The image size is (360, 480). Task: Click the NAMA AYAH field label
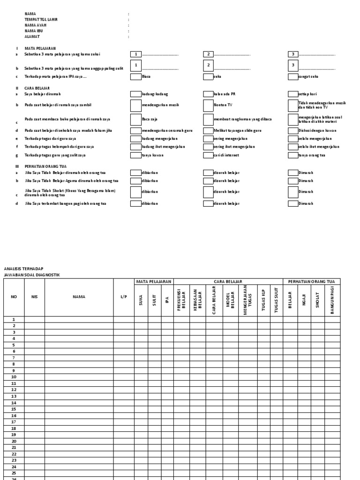(x=32, y=25)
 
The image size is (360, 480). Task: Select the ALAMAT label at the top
(x=32, y=37)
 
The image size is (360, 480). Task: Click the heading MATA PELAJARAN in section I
(x=40, y=48)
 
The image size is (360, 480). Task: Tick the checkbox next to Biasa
(x=135, y=76)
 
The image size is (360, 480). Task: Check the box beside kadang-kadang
(x=135, y=94)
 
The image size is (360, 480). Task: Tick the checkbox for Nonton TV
(x=208, y=105)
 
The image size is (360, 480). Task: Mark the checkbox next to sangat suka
(x=292, y=76)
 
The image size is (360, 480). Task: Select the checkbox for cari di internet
(x=208, y=155)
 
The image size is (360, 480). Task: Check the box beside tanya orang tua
(x=292, y=155)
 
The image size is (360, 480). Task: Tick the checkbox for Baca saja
(x=135, y=120)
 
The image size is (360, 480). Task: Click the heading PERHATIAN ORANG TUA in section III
(x=45, y=166)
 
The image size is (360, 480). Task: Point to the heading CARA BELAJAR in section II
(x=37, y=88)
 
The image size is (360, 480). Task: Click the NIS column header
(x=34, y=297)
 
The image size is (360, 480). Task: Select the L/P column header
(x=124, y=297)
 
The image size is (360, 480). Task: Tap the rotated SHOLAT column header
(x=318, y=300)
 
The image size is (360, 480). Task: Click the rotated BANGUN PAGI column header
(x=332, y=300)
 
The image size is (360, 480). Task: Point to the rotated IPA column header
(x=167, y=300)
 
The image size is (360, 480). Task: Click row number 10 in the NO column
(x=14, y=377)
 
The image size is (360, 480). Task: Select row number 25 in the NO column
(x=14, y=473)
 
